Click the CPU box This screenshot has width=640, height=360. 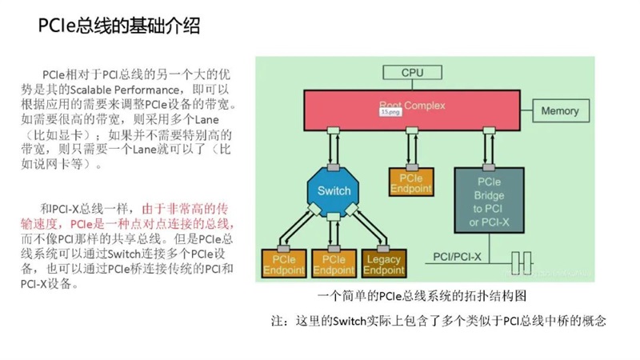pyautogui.click(x=412, y=73)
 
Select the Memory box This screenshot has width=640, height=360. pyautogui.click(x=561, y=110)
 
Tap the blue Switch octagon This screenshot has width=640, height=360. pyautogui.click(x=334, y=190)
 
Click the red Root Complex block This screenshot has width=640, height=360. pyautogui.click(x=412, y=110)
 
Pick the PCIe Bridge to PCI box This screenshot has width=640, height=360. pyautogui.click(x=489, y=201)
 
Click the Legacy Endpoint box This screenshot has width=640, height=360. pyautogui.click(x=384, y=264)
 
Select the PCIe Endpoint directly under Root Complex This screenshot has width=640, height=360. pyautogui.click(x=411, y=182)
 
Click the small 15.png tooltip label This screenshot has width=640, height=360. pyautogui.click(x=390, y=111)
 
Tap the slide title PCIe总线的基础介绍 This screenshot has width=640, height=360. pyautogui.click(x=118, y=26)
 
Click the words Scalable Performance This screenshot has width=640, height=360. pyautogui.click(x=125, y=90)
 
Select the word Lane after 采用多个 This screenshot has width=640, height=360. pyautogui.click(x=206, y=119)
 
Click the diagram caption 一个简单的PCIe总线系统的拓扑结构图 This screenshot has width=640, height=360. pyautogui.click(x=422, y=295)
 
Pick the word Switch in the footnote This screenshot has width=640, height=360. pyautogui.click(x=349, y=322)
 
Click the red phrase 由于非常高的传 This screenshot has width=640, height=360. pyautogui.click(x=185, y=209)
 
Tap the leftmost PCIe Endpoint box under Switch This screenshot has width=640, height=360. pyautogui.click(x=284, y=264)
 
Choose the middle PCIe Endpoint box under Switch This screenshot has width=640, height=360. pyautogui.click(x=334, y=264)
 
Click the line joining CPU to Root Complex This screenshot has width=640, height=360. pyautogui.click(x=412, y=85)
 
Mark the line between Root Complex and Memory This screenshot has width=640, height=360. pyautogui.click(x=526, y=110)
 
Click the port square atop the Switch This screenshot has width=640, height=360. pyautogui.click(x=334, y=167)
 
